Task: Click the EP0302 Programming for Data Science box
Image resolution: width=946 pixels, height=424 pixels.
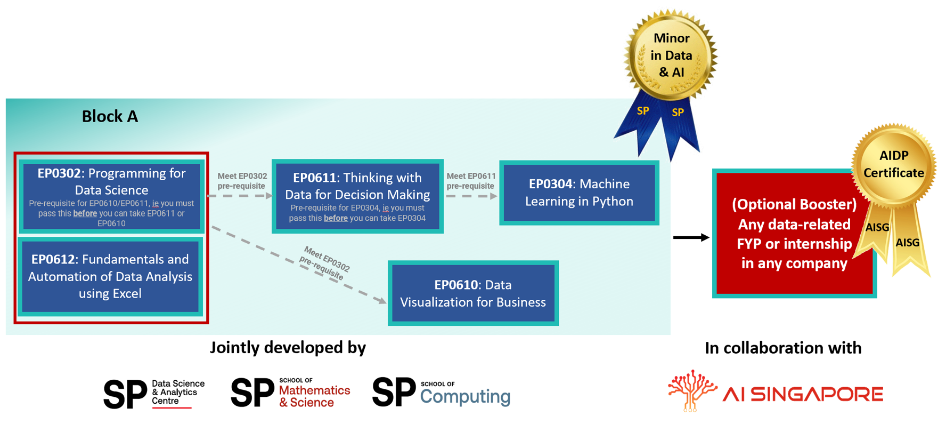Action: pos(111,196)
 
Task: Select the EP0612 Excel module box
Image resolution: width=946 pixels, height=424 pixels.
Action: pos(110,276)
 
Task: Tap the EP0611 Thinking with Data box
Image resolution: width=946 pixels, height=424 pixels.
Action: pos(357,196)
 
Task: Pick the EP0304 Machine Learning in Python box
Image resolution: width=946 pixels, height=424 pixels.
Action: pos(579,193)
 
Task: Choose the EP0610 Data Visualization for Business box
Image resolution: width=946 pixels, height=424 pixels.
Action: pos(473,293)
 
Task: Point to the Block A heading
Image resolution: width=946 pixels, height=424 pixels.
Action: pos(110,116)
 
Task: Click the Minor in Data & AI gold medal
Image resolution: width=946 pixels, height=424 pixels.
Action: pos(671,55)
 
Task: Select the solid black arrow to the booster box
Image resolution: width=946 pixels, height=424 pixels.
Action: pos(691,237)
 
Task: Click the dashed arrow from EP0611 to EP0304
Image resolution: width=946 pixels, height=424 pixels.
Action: pos(471,196)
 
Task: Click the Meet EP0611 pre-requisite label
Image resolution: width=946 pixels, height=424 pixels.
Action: pos(471,181)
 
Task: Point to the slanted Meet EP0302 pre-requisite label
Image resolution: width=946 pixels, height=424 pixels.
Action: pos(324,263)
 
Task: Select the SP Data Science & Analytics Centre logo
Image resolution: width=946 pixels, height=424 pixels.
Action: pos(154,394)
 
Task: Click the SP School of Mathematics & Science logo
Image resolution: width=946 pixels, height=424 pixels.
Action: pos(290,393)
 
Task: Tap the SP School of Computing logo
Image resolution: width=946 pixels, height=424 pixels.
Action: pos(441,393)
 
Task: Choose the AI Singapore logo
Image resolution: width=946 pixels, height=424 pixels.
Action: pos(776,392)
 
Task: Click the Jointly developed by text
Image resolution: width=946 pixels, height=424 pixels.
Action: pos(288,348)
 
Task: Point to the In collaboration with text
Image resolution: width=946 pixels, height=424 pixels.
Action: pos(782,348)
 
